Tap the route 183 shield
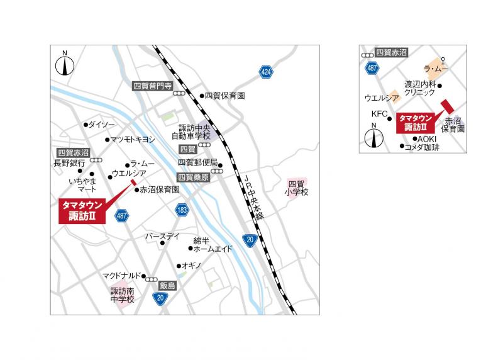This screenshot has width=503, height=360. click(x=182, y=210)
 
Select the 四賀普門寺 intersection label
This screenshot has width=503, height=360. click(x=152, y=86)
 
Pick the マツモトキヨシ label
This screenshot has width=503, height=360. click(x=133, y=139)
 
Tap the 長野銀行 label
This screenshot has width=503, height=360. click(x=69, y=163)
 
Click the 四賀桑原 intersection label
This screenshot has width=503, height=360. click(x=193, y=177)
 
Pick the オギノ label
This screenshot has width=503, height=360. click(x=191, y=266)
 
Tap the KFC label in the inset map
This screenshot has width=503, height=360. click(x=380, y=114)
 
